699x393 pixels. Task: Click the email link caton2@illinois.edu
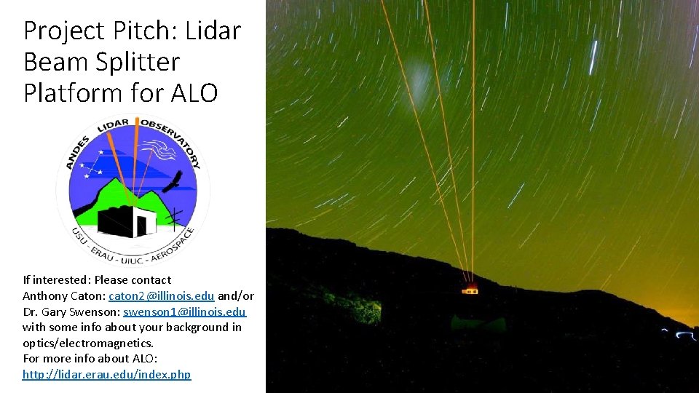[x=161, y=295]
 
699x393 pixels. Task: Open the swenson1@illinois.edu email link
[x=185, y=311]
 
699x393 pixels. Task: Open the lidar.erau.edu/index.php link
[x=106, y=374]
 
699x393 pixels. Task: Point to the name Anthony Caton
[x=63, y=295]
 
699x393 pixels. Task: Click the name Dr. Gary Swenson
[x=71, y=311]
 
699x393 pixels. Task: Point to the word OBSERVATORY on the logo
[x=174, y=138]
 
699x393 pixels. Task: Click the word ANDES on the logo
[x=76, y=152]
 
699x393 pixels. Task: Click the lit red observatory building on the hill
[x=471, y=289]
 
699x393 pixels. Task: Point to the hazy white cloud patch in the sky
[x=419, y=76]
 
